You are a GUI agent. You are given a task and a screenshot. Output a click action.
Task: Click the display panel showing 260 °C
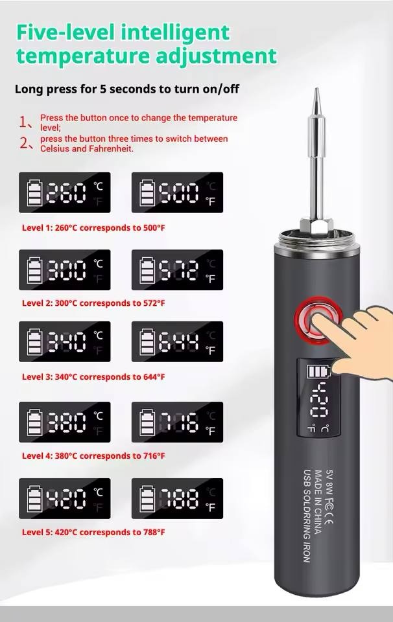pos(65,192)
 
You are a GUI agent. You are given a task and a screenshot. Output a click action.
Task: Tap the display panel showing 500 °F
pos(177,192)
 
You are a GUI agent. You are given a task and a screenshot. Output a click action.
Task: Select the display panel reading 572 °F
pos(177,270)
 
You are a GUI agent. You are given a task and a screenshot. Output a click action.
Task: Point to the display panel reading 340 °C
pos(65,341)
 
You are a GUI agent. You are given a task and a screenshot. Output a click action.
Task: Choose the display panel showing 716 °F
pos(177,422)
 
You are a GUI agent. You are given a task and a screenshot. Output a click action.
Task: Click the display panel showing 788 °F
pos(177,499)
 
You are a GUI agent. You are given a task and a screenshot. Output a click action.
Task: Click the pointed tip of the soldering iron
pos(316,89)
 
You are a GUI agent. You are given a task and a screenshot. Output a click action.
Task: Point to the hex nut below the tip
pos(316,227)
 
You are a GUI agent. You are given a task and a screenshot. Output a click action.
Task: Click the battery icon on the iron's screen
pos(319,372)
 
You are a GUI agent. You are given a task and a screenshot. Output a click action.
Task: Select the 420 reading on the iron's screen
pos(319,400)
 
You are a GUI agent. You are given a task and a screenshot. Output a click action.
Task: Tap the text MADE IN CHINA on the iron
pos(318,501)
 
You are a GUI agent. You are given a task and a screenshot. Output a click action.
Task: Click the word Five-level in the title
pos(65,32)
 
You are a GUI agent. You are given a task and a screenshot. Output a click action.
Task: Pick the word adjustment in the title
pos(216,56)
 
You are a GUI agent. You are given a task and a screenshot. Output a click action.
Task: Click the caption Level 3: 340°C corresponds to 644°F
pos(93,377)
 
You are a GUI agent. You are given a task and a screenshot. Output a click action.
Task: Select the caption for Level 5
pos(93,533)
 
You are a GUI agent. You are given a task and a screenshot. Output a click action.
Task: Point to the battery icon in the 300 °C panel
pos(34,270)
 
